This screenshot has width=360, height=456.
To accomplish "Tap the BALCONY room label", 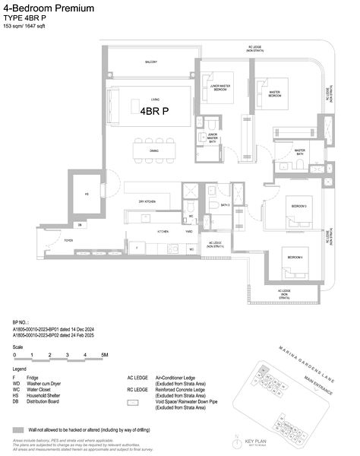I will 152,62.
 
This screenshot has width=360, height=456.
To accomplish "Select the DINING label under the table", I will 154,150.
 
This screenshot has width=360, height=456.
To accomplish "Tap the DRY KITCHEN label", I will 147,201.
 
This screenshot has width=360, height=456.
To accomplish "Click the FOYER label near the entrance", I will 90,240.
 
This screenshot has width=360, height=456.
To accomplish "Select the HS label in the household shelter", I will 87,195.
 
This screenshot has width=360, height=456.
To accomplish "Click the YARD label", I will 187,230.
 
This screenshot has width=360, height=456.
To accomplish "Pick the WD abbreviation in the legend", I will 16,382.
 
